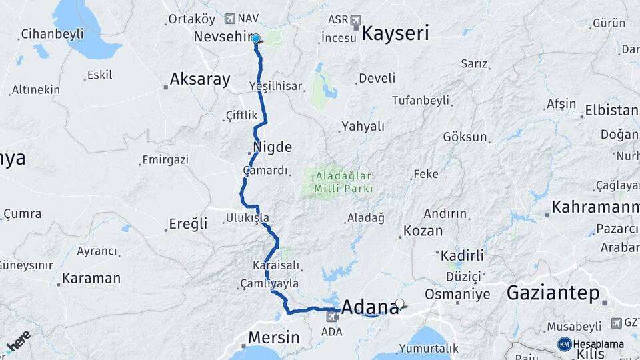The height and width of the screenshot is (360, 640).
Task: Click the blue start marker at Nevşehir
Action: (x=255, y=39)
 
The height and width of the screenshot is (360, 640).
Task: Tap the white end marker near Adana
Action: (x=399, y=304)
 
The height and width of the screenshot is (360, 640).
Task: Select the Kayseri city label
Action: (x=395, y=34)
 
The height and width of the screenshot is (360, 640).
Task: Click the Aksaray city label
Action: (x=200, y=80)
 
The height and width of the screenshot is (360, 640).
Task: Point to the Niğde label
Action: (x=272, y=147)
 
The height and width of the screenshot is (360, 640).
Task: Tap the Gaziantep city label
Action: (x=553, y=293)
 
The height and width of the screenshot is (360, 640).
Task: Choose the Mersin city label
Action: (x=273, y=337)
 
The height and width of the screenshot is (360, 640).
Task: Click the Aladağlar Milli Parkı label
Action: (x=340, y=182)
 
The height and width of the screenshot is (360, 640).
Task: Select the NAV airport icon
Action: (x=231, y=19)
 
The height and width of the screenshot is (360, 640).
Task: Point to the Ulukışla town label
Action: (x=247, y=217)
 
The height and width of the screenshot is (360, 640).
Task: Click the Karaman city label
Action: (x=91, y=278)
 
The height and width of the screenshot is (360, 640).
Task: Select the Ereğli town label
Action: (x=190, y=225)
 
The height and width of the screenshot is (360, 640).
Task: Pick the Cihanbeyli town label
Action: (x=52, y=33)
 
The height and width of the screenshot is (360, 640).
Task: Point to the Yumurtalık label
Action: (x=429, y=347)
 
